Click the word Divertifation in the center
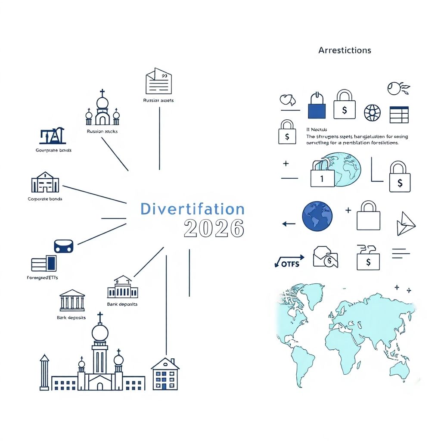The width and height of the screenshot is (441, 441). click(x=192, y=209)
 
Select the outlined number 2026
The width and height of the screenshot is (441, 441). click(x=214, y=228)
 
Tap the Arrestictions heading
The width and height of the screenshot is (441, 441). click(x=345, y=50)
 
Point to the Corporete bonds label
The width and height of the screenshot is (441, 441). click(x=45, y=199)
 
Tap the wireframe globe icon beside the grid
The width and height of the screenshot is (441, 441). click(x=372, y=113)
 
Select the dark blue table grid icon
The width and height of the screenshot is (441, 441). click(x=399, y=115)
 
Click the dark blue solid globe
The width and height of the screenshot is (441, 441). click(x=317, y=216)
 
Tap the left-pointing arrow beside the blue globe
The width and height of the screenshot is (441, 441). click(x=289, y=224)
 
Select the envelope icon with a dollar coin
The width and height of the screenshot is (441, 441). click(x=326, y=257)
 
